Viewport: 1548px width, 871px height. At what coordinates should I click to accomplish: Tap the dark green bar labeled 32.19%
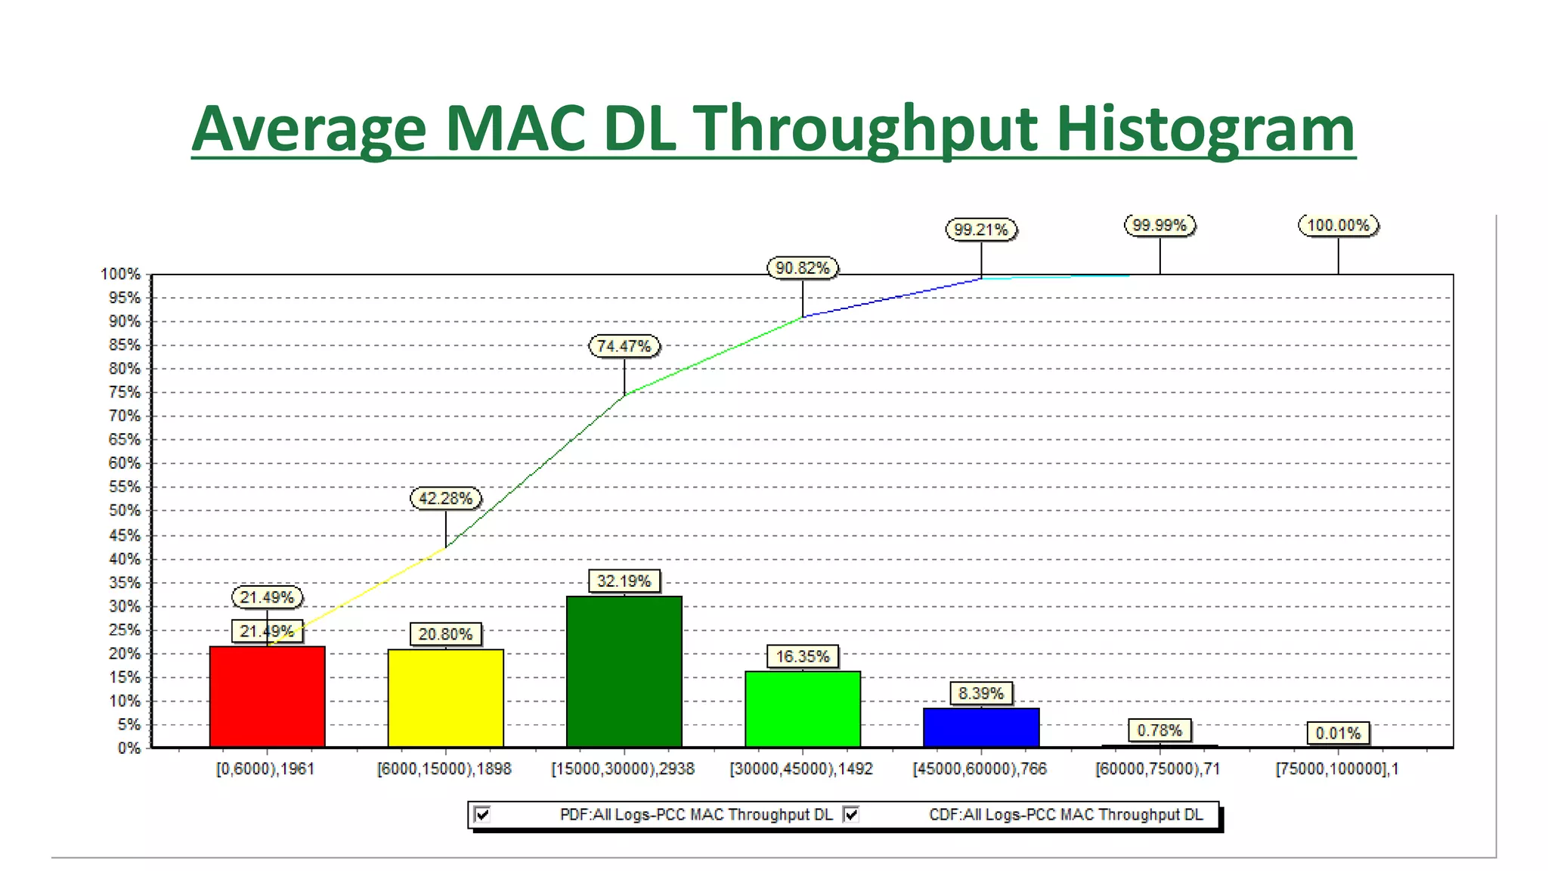[624, 671]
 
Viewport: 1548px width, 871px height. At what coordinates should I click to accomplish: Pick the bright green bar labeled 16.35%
[802, 708]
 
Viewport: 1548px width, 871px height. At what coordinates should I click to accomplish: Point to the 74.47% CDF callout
[624, 346]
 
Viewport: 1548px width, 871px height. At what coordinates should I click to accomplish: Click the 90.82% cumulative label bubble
[802, 268]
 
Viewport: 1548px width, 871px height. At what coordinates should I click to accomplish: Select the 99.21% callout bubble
[980, 229]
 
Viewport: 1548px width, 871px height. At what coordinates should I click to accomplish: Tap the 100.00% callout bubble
[1338, 225]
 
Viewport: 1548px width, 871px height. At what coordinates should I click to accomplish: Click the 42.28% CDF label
[445, 498]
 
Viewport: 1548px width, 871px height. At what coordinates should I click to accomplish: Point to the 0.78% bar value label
[1159, 730]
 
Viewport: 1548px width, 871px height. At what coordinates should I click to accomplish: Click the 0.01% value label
[1337, 733]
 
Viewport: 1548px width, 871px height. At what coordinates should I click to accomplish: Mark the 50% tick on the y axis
[125, 510]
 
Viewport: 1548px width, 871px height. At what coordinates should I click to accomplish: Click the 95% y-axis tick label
[125, 298]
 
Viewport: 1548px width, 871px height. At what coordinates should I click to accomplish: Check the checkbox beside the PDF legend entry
[482, 814]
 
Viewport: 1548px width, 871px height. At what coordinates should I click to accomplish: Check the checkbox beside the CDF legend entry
[851, 814]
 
